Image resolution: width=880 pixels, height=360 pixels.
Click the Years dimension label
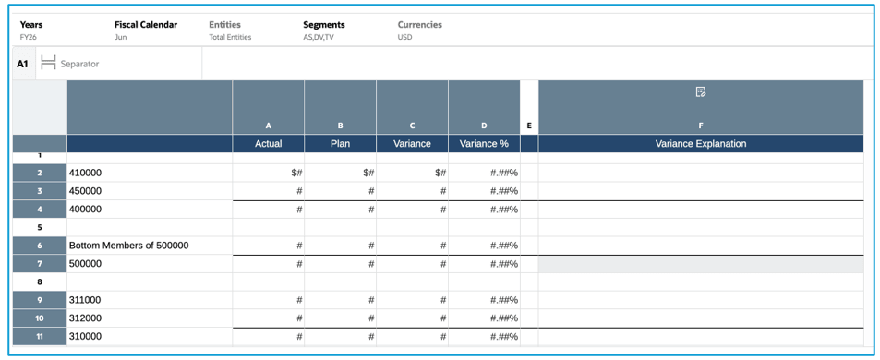(x=31, y=25)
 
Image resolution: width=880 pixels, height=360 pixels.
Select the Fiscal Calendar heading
(x=145, y=25)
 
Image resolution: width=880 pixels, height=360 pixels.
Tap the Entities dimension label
(x=225, y=25)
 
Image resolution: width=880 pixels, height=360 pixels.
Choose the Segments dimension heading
(x=323, y=25)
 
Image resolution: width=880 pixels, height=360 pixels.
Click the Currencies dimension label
(x=419, y=25)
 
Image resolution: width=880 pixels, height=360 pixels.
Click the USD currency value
(x=404, y=38)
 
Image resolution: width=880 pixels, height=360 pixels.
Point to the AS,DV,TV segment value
(x=319, y=38)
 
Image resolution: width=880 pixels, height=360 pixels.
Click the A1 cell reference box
(x=23, y=64)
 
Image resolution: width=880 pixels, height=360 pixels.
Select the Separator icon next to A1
(x=49, y=64)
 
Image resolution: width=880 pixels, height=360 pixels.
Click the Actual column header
(x=268, y=144)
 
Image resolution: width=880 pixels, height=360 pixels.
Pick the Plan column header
(x=340, y=144)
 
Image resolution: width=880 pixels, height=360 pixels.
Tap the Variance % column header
(x=484, y=144)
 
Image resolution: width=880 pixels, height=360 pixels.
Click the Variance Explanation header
(x=700, y=144)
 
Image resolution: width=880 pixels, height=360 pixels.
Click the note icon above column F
(x=700, y=92)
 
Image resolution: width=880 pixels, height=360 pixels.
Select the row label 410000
(x=85, y=173)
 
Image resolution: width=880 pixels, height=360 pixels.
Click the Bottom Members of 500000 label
(x=128, y=246)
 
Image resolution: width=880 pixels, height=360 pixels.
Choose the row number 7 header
(x=39, y=264)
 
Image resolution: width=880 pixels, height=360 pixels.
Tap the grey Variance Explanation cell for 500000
(x=700, y=264)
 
